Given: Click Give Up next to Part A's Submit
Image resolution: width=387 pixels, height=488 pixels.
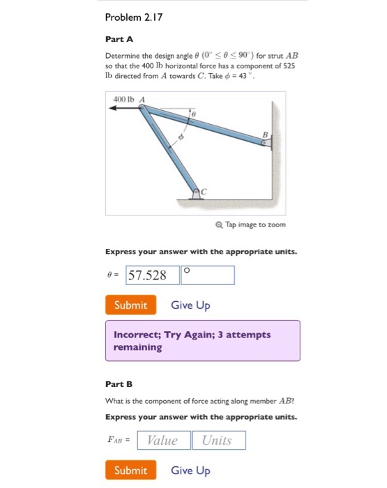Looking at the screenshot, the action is [x=190, y=305].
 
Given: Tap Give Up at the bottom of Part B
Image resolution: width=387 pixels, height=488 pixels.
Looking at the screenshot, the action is [x=190, y=471].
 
